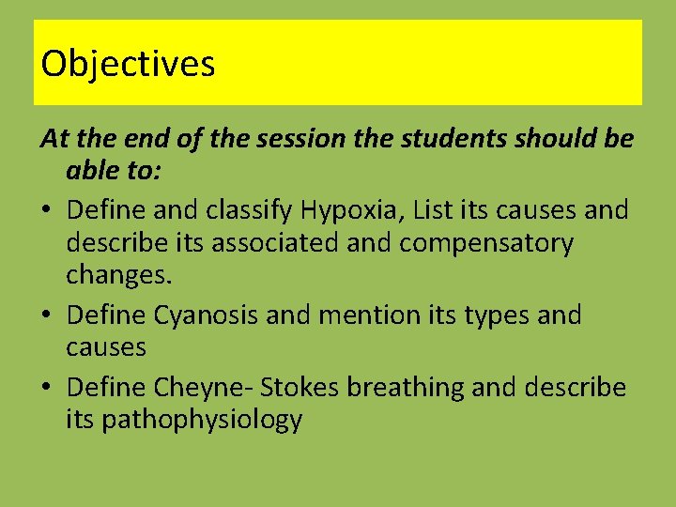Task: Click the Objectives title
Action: click(128, 64)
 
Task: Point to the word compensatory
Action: click(485, 243)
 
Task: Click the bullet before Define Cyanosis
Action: click(48, 315)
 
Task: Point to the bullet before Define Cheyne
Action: click(48, 387)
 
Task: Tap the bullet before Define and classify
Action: click(48, 209)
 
